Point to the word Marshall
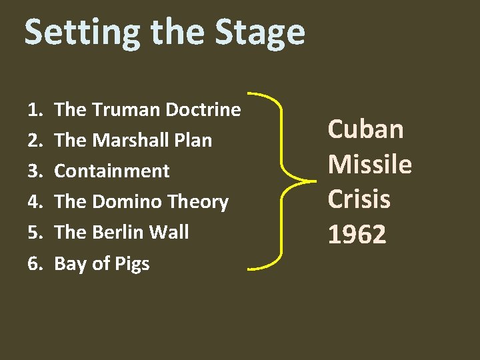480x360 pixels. pyautogui.click(x=131, y=140)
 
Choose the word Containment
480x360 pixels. pyautogui.click(x=112, y=171)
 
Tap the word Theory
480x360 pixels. pyautogui.click(x=198, y=202)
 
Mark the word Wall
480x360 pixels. pyautogui.click(x=171, y=232)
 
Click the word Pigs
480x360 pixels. pyautogui.click(x=131, y=264)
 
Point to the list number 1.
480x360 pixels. pyautogui.click(x=33, y=109)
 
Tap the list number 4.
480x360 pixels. pyautogui.click(x=34, y=201)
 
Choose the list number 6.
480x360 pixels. pyautogui.click(x=34, y=263)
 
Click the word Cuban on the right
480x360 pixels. pyautogui.click(x=365, y=129)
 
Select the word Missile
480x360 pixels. pyautogui.click(x=370, y=164)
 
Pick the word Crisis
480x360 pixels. pyautogui.click(x=359, y=199)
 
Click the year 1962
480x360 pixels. pyautogui.click(x=357, y=234)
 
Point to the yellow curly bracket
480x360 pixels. pyautogui.click(x=283, y=180)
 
